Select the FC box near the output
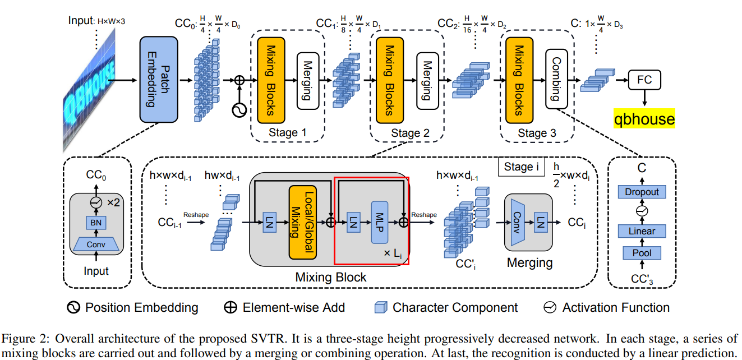coord(644,80)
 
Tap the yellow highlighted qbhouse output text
coord(643,119)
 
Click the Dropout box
coord(642,192)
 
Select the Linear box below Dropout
coord(642,231)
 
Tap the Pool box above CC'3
coord(642,253)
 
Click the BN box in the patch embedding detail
coord(96,223)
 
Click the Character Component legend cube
coord(381,307)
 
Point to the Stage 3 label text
coord(537,133)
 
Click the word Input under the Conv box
coord(96,271)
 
